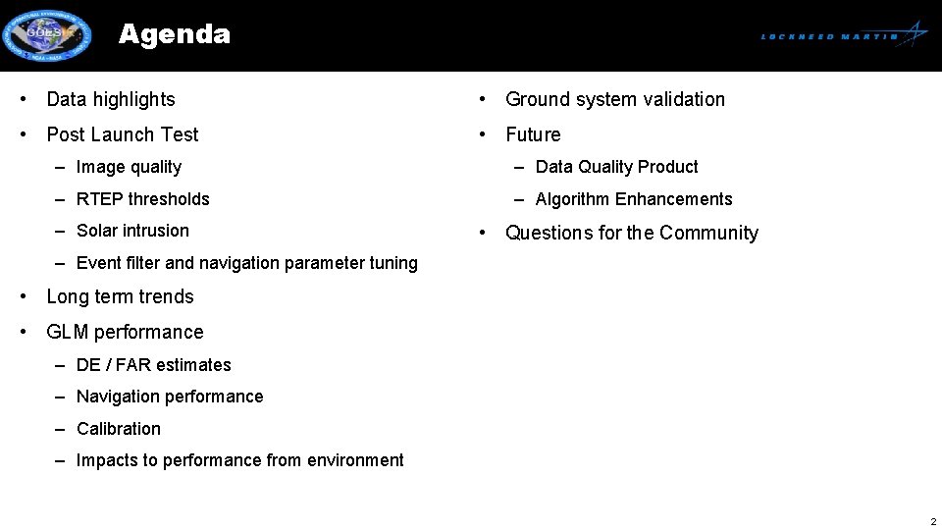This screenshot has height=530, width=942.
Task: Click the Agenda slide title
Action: click(x=174, y=34)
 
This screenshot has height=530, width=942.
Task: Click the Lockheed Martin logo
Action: click(x=844, y=35)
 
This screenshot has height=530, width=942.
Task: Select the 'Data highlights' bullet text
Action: click(x=111, y=99)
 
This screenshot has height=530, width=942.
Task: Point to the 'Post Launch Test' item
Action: click(x=123, y=134)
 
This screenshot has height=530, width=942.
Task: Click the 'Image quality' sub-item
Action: click(x=129, y=167)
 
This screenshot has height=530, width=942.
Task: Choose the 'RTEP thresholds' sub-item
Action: click(x=143, y=199)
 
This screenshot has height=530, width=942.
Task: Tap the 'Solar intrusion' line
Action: click(x=132, y=231)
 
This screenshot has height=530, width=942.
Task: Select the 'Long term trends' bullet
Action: click(x=121, y=296)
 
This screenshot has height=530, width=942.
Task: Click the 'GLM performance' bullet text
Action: click(x=125, y=332)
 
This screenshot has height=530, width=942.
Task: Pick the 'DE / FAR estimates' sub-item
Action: click(x=154, y=365)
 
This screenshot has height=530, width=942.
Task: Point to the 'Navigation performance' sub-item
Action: click(x=170, y=397)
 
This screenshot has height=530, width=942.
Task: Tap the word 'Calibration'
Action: click(x=119, y=429)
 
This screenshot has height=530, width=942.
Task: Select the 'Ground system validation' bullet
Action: click(x=615, y=99)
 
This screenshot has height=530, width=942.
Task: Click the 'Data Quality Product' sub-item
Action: click(x=617, y=167)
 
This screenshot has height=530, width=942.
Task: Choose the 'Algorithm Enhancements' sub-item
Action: click(x=634, y=199)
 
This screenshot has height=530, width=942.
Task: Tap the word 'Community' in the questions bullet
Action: click(x=708, y=233)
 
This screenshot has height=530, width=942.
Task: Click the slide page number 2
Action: click(x=933, y=522)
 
